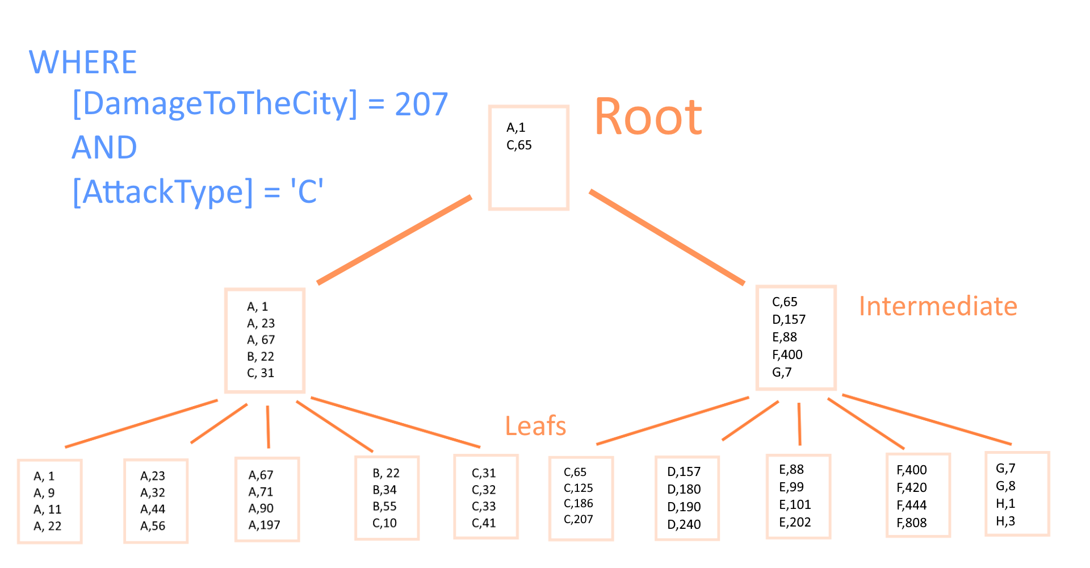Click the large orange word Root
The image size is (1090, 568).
click(x=648, y=116)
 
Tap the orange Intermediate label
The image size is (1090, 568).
click(x=938, y=306)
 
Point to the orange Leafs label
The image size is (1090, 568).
click(x=535, y=426)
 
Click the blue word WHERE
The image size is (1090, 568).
click(x=83, y=62)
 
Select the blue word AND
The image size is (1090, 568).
click(x=104, y=148)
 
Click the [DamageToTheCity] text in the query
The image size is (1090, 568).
click(x=215, y=104)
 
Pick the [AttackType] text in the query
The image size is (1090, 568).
click(x=163, y=191)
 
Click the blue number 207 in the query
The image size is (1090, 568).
click(x=421, y=104)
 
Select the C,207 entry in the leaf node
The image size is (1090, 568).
click(x=578, y=519)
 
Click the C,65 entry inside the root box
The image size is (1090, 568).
click(x=519, y=145)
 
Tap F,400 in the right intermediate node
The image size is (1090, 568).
click(x=787, y=354)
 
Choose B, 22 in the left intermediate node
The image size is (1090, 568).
click(x=260, y=357)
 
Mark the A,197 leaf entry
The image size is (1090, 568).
click(x=264, y=525)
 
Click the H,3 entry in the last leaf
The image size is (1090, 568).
click(x=1005, y=521)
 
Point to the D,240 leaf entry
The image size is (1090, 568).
click(x=684, y=524)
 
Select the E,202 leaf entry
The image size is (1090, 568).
click(x=795, y=522)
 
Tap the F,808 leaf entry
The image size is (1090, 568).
click(x=911, y=523)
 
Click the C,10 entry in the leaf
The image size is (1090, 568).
click(x=384, y=523)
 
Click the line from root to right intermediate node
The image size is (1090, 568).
click(x=667, y=237)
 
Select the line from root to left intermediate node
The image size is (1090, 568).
click(x=395, y=240)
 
